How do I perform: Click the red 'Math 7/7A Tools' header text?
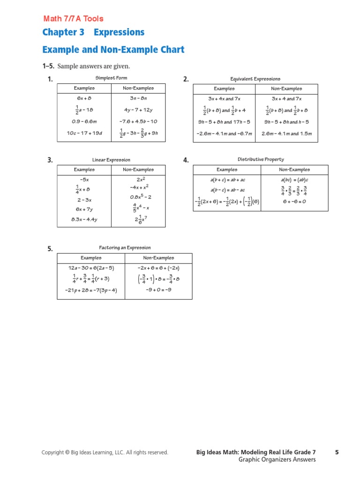[74, 19]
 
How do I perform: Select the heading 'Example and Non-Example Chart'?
[113, 50]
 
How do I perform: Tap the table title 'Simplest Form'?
[111, 78]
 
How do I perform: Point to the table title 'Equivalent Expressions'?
[255, 79]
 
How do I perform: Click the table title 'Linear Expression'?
[111, 160]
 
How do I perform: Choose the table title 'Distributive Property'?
[261, 160]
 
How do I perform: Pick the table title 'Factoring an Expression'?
[125, 248]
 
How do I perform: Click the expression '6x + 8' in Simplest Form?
[84, 98]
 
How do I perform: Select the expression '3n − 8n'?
[138, 98]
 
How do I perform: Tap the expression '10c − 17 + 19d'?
[84, 133]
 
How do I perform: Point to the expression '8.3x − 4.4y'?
[84, 219]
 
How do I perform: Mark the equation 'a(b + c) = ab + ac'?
[227, 180]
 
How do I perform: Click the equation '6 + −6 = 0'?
[294, 202]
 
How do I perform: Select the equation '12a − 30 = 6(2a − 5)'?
[91, 268]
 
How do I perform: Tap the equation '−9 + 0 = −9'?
[158, 290]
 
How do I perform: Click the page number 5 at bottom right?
[337, 452]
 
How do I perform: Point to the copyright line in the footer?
[105, 452]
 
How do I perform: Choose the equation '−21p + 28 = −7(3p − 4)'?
[91, 290]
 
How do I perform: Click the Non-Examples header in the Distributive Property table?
[294, 170]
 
